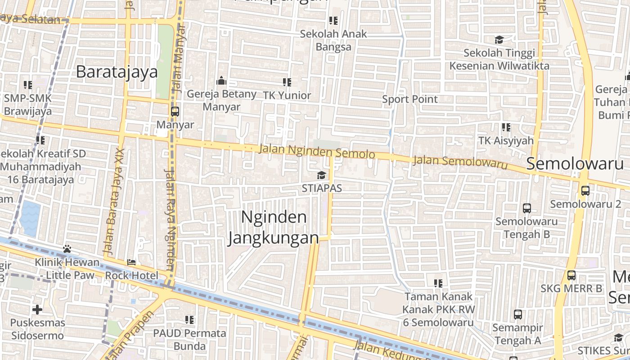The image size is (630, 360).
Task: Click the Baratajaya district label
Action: click(x=117, y=72)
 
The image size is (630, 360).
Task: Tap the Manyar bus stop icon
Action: click(x=175, y=112)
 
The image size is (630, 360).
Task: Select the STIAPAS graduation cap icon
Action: click(x=321, y=175)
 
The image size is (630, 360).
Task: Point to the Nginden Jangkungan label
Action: click(x=274, y=228)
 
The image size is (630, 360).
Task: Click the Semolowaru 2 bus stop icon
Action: click(x=585, y=191)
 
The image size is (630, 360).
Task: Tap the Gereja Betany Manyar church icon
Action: click(x=221, y=81)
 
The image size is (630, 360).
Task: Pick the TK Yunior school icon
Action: click(x=287, y=82)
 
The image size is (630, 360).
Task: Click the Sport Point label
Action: click(x=409, y=99)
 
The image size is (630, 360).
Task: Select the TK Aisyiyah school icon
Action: click(x=506, y=128)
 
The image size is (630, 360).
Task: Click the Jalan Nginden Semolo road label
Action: click(x=317, y=151)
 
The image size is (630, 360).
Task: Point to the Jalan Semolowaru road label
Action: click(x=459, y=162)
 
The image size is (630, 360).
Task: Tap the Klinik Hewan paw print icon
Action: click(x=67, y=249)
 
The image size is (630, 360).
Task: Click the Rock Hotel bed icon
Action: click(x=131, y=262)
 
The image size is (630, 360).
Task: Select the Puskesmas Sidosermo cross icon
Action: click(x=37, y=310)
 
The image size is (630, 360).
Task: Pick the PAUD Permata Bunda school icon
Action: click(x=189, y=320)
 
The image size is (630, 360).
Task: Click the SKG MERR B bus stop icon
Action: click(x=571, y=275)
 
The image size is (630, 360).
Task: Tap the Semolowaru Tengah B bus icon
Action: click(x=526, y=208)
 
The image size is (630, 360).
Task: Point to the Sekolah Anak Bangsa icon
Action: click(x=333, y=21)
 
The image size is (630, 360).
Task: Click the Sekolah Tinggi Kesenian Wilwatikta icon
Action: click(x=499, y=40)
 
